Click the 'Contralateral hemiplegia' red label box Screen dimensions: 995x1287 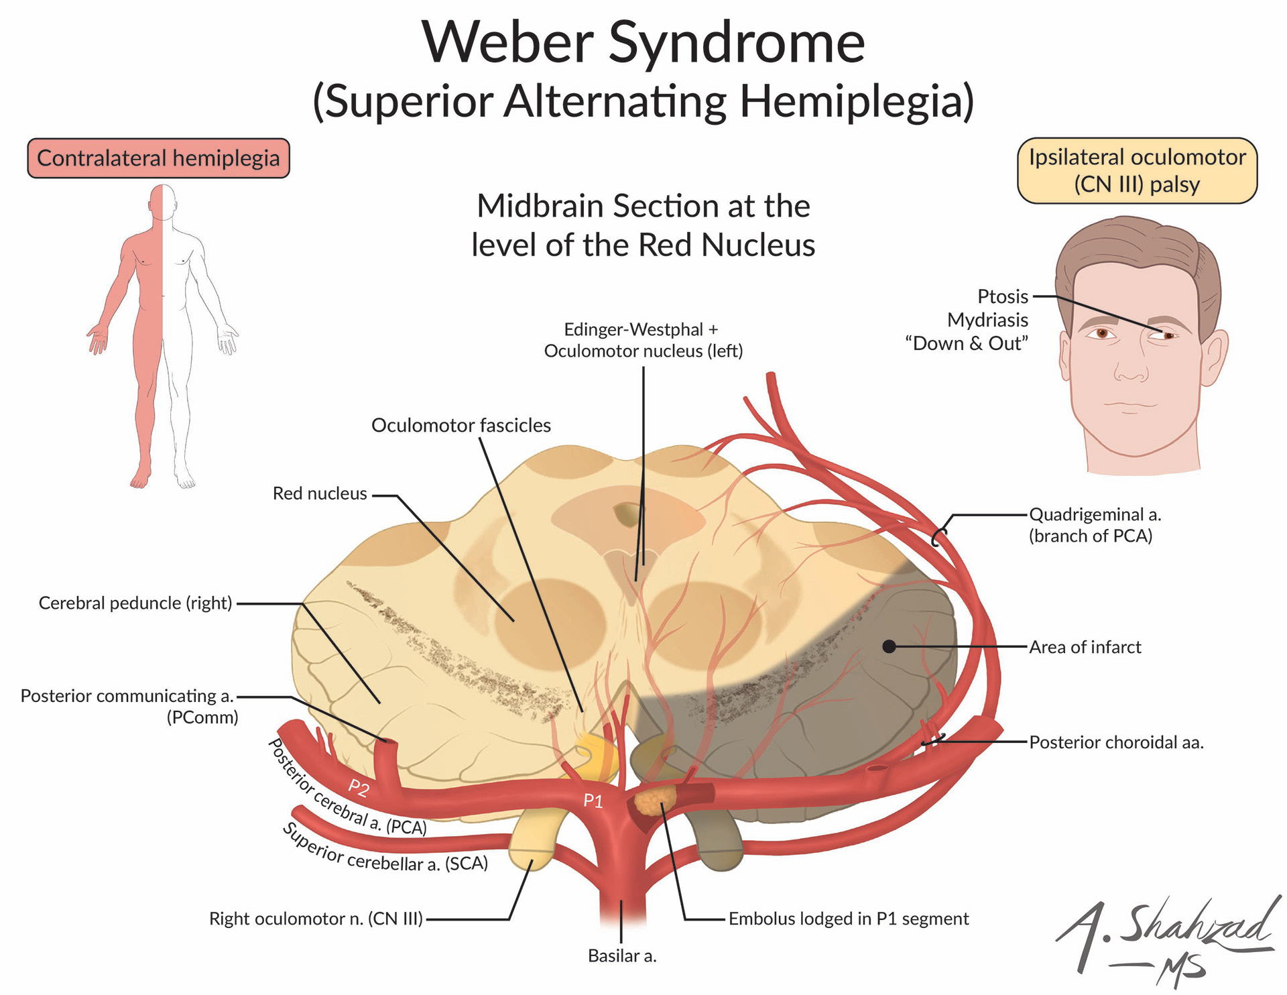(x=158, y=158)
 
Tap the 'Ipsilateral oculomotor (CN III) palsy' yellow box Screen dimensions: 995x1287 (x=1137, y=170)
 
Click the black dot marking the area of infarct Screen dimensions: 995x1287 (x=889, y=646)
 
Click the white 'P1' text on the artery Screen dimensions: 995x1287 (x=593, y=801)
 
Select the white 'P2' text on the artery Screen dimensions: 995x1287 (x=359, y=787)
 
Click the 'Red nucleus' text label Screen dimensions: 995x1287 (x=320, y=493)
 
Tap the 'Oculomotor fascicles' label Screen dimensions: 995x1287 (x=461, y=425)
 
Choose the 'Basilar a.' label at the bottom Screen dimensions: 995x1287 (x=621, y=955)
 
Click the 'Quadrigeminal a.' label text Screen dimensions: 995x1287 (x=1095, y=515)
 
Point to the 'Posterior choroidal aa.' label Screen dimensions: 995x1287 (x=1116, y=742)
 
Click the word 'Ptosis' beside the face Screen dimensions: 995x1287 (x=1002, y=296)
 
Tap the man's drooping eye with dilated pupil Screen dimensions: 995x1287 (x=1167, y=335)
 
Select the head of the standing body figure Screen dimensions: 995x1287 (x=162, y=202)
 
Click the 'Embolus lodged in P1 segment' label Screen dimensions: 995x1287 (x=848, y=919)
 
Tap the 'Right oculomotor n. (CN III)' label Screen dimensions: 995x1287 (x=316, y=919)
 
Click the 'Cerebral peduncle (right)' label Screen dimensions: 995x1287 (x=135, y=603)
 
